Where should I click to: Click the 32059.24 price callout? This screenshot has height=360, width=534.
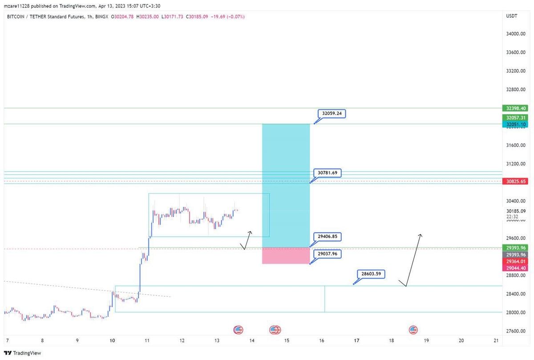pyautogui.click(x=332, y=113)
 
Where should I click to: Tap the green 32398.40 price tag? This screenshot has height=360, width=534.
pyautogui.click(x=516, y=108)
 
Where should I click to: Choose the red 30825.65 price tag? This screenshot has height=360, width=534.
pyautogui.click(x=516, y=182)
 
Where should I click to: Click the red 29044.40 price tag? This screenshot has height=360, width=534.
pyautogui.click(x=516, y=268)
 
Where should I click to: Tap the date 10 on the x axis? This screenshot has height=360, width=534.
pyautogui.click(x=112, y=341)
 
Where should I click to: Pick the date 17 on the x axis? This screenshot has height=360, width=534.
pyautogui.click(x=356, y=341)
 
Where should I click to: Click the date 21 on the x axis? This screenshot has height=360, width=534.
pyautogui.click(x=496, y=341)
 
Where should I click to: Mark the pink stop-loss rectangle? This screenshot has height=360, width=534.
pyautogui.click(x=286, y=256)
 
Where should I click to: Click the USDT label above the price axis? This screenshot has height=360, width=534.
pyautogui.click(x=512, y=16)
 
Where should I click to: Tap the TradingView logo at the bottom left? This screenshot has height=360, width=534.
pyautogui.click(x=23, y=353)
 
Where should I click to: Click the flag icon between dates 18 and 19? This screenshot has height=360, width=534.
pyautogui.click(x=413, y=330)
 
